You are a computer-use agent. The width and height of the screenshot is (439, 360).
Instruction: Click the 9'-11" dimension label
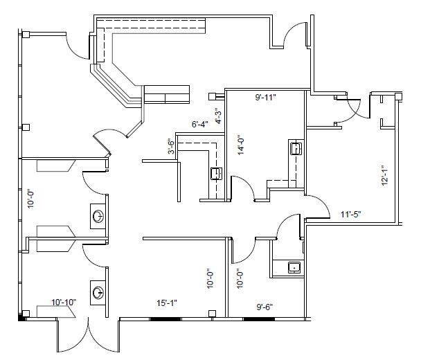tap(267, 98)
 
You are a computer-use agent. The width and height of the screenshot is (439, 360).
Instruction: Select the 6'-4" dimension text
tap(199, 125)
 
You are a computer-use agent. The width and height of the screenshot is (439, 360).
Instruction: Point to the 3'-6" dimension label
tap(170, 148)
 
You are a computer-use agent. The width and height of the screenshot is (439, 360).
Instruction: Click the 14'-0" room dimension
tap(240, 146)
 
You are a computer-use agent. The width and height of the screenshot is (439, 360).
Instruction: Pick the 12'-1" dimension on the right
tap(383, 175)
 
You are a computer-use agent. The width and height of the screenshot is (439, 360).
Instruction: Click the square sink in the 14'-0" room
tap(294, 147)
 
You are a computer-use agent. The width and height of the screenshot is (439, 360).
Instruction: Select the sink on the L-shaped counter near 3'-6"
tap(216, 173)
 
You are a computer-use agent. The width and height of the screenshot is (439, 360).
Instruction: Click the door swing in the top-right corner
tap(294, 35)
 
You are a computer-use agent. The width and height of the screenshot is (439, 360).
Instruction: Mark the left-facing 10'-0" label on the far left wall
tap(29, 199)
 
